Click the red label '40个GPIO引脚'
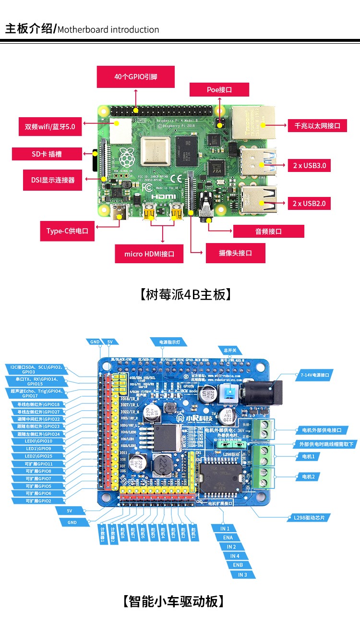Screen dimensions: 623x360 click(x=136, y=77)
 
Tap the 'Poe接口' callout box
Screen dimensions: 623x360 click(x=219, y=90)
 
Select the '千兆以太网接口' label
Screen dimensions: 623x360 click(x=317, y=126)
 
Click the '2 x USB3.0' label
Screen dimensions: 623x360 click(x=309, y=166)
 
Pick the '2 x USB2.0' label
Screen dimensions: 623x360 click(x=309, y=204)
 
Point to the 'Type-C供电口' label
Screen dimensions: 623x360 click(x=67, y=231)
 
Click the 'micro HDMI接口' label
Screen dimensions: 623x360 click(x=149, y=254)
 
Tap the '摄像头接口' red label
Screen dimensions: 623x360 click(x=235, y=253)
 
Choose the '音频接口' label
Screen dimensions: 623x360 click(x=268, y=232)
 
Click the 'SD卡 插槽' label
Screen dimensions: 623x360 click(x=47, y=154)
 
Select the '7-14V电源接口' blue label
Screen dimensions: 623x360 click(x=316, y=375)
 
